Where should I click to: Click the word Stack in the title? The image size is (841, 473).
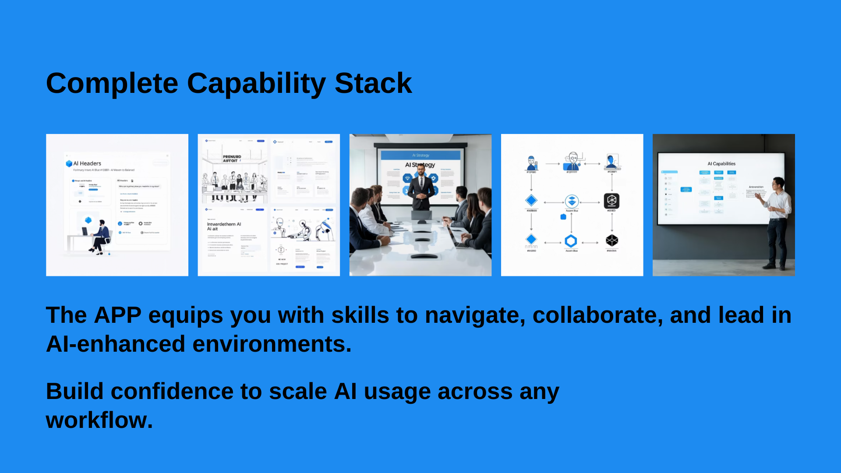coord(373,83)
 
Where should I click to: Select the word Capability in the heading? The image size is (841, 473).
coord(256,83)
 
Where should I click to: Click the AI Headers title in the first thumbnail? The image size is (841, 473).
coord(87,163)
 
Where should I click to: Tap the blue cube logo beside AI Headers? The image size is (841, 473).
coord(69,163)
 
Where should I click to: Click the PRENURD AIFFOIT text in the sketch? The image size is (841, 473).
coord(232,159)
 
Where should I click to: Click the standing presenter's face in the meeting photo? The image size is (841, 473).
coord(420,170)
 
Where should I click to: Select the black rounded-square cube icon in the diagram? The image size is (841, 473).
coord(611,201)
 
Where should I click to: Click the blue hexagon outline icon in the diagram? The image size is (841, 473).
coord(571,241)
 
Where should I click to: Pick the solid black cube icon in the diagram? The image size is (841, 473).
coord(611,240)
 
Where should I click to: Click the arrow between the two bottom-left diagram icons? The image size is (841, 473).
coord(552,243)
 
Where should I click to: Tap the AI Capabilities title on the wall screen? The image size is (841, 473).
coord(721,164)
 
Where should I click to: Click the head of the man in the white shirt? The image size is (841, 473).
coord(778,183)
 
